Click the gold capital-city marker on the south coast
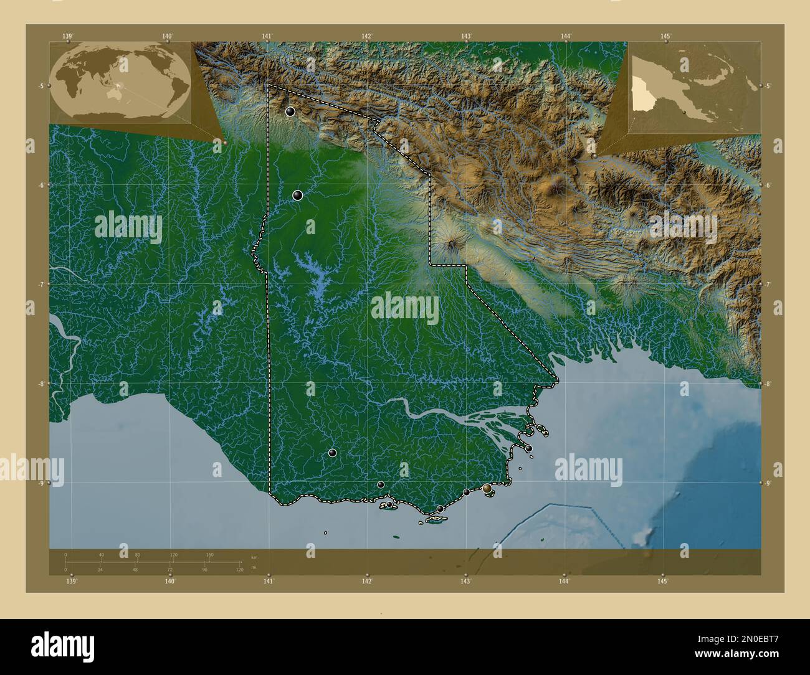pos(487,489)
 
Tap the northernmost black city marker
pos(290,111)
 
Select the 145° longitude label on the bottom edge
pos(662,581)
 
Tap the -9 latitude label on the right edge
pos(768,483)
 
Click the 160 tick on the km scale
pos(210,554)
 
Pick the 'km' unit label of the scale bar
pos(254,556)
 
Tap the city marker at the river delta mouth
pos(529,448)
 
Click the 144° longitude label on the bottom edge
pos(564,581)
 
